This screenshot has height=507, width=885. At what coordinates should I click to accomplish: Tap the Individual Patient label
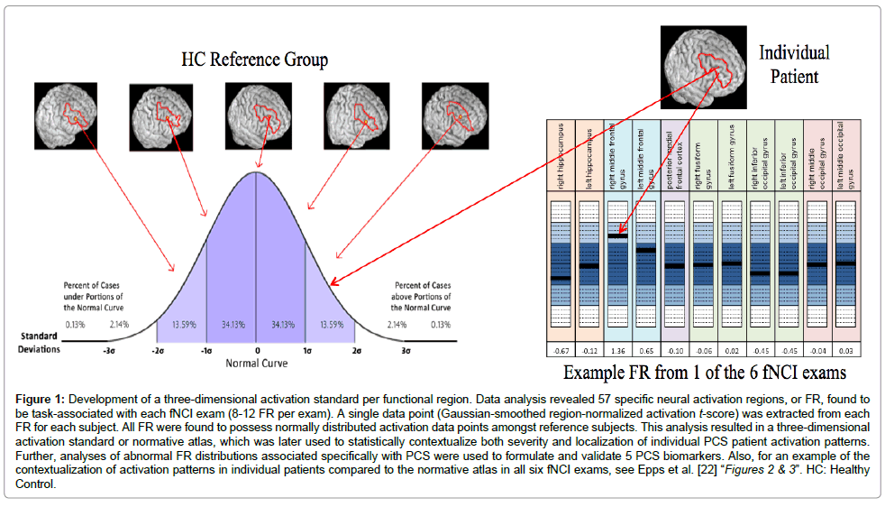(794, 63)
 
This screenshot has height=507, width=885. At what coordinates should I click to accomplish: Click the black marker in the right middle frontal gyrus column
(618, 235)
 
